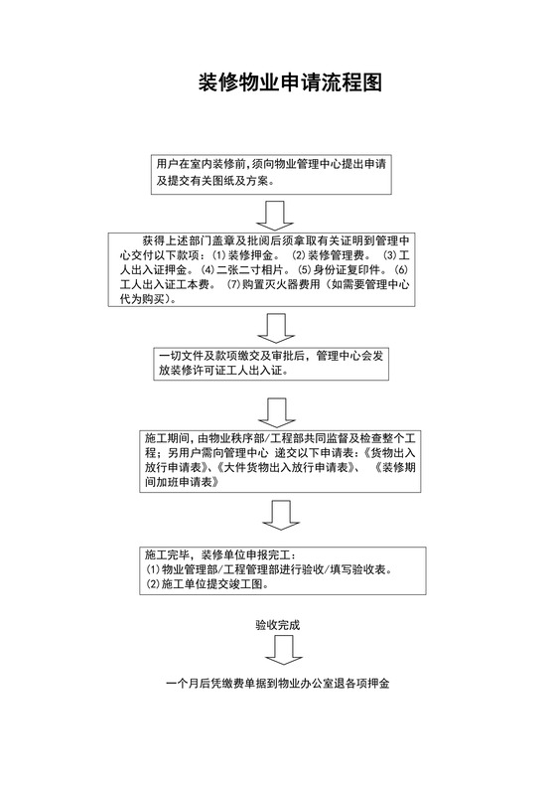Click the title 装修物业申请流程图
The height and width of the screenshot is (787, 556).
point(278,82)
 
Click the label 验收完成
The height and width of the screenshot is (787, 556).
point(277,626)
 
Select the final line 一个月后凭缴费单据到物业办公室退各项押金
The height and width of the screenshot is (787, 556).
point(278,685)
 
